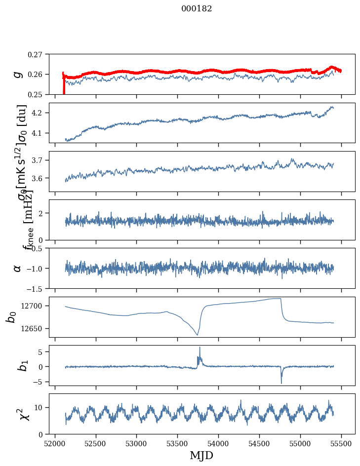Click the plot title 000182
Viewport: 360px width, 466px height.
tap(197, 9)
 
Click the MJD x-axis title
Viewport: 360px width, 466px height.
tap(201, 455)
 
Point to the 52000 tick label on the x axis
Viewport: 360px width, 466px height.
tap(55, 443)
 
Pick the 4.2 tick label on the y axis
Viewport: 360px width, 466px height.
tap(39, 113)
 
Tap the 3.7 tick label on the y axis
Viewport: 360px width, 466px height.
tap(39, 160)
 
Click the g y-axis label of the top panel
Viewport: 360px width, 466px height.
tap(18, 74)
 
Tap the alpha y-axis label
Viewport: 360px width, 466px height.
tap(18, 268)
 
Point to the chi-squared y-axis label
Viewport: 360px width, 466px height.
tap(18, 414)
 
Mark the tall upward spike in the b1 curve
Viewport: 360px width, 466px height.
tap(200, 348)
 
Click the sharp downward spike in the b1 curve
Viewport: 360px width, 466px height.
tap(281, 383)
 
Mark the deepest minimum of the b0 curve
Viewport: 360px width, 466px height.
tap(197, 335)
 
